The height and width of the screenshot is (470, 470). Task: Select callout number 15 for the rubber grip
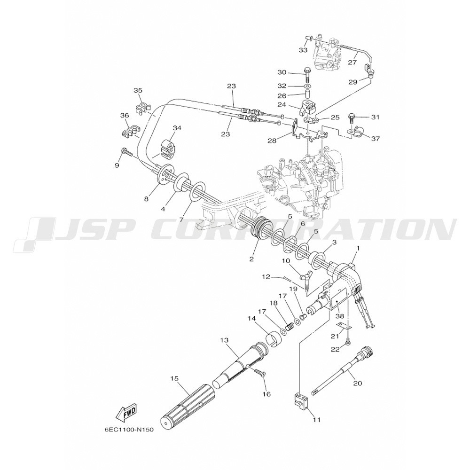click(174, 379)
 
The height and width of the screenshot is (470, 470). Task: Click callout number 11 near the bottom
click(317, 420)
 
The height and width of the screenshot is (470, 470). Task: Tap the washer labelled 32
click(307, 86)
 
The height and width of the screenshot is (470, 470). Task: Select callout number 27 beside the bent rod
click(352, 63)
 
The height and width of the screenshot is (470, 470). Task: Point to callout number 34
click(177, 128)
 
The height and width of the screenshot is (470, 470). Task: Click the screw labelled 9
click(127, 153)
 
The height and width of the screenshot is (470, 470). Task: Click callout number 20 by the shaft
click(358, 383)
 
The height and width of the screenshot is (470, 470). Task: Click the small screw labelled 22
click(348, 342)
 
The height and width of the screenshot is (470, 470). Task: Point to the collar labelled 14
click(274, 338)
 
